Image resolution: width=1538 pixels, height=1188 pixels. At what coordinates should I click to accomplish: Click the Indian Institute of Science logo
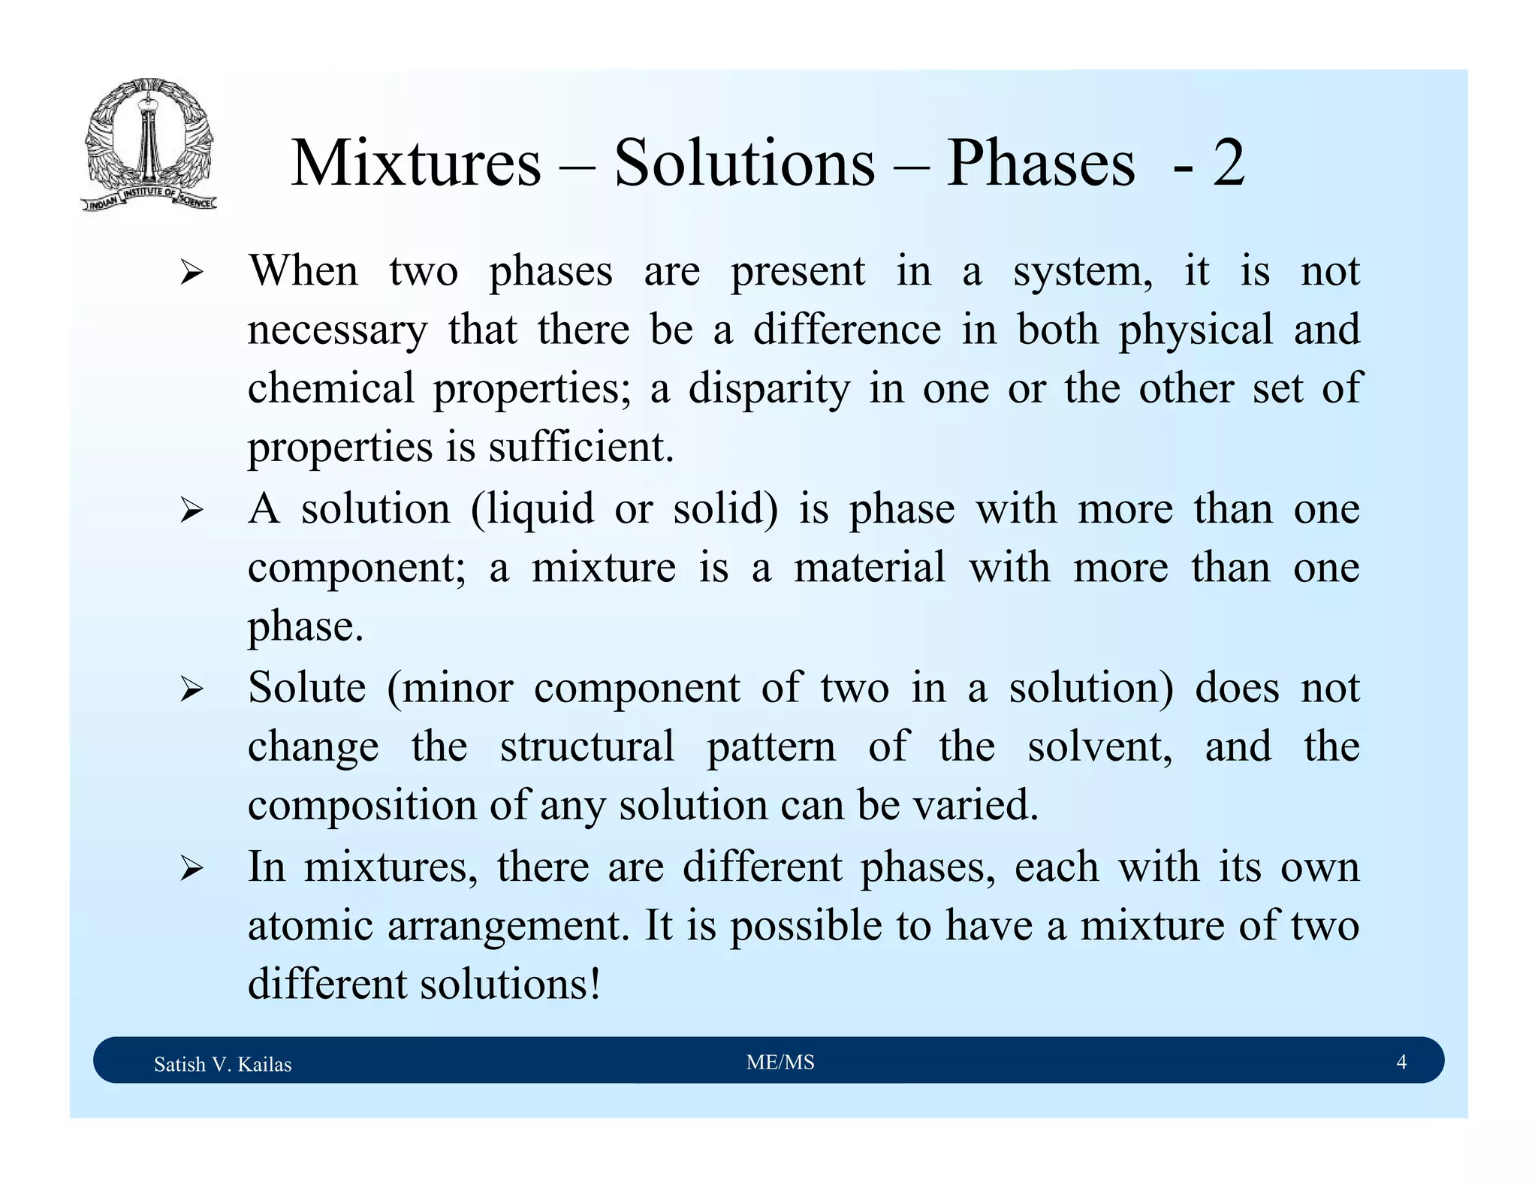pos(149,144)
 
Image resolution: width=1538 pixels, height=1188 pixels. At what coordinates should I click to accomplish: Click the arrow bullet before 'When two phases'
pos(191,273)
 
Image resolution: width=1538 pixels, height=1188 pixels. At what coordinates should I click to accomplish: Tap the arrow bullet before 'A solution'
pos(191,511)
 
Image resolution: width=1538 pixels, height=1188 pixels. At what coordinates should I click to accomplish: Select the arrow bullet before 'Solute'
pos(191,689)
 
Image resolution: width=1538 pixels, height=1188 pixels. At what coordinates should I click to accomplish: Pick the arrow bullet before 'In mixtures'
pos(191,869)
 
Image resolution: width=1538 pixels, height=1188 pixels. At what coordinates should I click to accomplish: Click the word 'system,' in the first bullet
pos(1082,272)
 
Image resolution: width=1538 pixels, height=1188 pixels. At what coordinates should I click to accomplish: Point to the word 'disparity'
pos(769,389)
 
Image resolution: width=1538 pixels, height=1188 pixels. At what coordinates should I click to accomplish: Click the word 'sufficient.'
pos(581,448)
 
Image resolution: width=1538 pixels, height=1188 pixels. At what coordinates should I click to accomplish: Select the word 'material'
pos(870,568)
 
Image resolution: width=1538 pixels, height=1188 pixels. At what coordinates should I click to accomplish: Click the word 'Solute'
pos(307,688)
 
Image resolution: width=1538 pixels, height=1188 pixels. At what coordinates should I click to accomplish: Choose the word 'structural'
pos(587,747)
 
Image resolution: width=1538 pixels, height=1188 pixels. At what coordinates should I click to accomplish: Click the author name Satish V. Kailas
pos(222,1064)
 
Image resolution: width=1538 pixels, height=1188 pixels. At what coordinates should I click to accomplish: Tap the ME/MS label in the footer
pos(780,1062)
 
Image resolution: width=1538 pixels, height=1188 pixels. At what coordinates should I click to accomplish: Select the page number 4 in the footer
pos(1401,1062)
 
